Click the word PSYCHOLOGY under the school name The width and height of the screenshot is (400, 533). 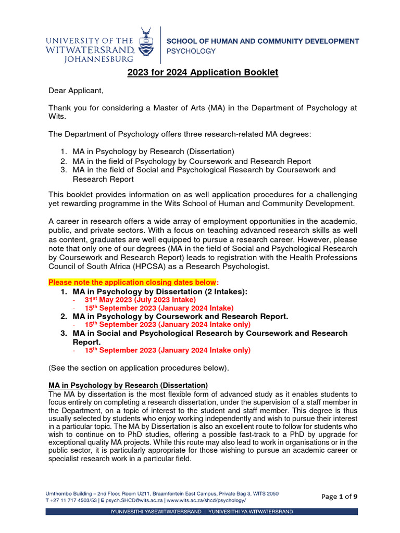[x=191, y=51]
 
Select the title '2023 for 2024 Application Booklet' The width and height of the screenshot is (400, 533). [x=203, y=72]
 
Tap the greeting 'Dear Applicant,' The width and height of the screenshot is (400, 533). [x=76, y=91]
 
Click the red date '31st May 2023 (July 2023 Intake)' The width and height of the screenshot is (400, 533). [x=140, y=299]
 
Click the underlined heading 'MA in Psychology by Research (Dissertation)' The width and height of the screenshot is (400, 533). [x=128, y=385]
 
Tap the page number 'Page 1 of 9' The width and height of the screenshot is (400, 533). [x=340, y=496]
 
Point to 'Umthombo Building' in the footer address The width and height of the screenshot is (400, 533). [x=67, y=492]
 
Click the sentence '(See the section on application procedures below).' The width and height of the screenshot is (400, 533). [x=139, y=368]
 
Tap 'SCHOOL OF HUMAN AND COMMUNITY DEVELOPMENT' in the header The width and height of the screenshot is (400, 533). [x=262, y=41]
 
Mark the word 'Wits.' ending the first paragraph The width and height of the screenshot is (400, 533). [x=57, y=117]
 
